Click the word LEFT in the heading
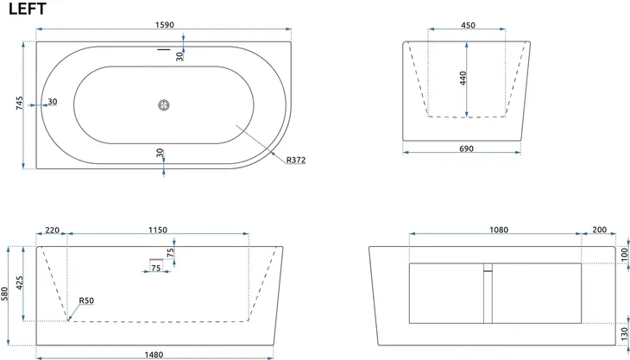pos(28,9)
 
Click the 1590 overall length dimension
pos(165,25)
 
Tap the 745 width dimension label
pos(19,104)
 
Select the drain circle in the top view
pos(164,105)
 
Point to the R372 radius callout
pos(296,160)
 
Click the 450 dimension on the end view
pos(468,25)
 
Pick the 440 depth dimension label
pos(463,78)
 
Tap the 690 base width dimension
pos(466,148)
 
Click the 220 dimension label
pos(53,231)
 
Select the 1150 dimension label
pos(158,231)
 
